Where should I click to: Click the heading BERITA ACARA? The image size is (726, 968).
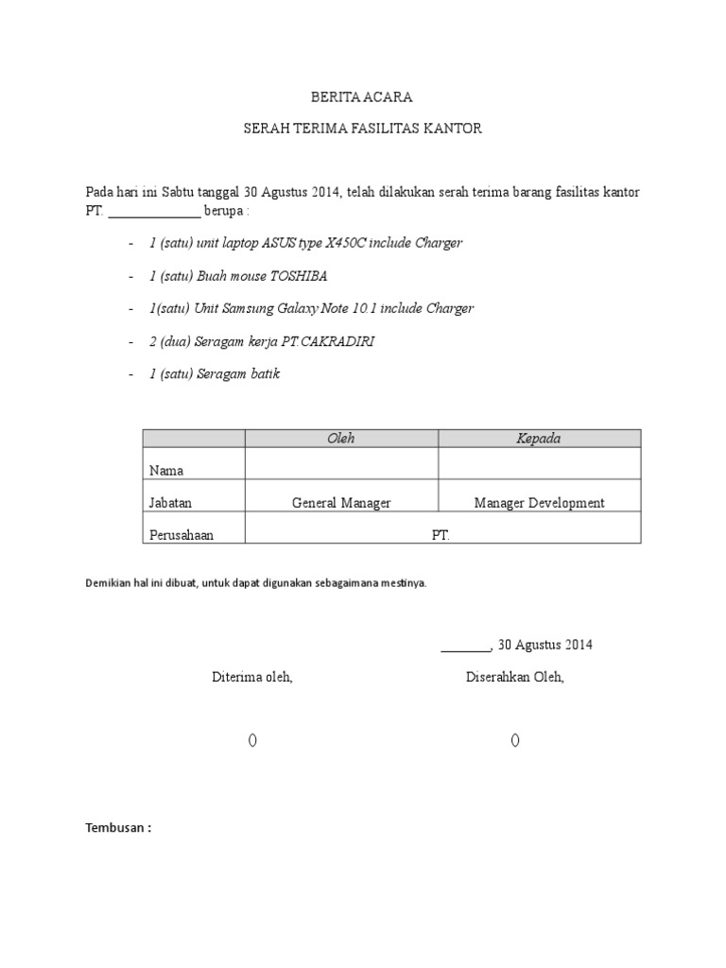(362, 97)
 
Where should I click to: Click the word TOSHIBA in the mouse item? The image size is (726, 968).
(299, 276)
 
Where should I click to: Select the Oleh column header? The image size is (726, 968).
(340, 439)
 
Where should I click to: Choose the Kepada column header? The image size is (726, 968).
(538, 439)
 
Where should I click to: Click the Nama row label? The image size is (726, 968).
(166, 471)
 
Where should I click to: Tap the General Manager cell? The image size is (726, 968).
(341, 503)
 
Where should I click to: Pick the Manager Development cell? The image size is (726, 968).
(539, 503)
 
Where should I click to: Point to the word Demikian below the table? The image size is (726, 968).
(108, 583)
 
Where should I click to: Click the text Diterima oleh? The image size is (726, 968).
(252, 677)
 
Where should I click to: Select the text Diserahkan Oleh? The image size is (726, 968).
(514, 677)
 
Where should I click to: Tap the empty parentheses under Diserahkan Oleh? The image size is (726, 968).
(514, 740)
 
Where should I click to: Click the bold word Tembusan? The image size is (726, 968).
(116, 828)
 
